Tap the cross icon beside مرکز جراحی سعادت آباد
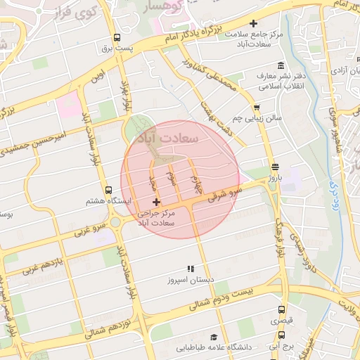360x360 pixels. coord(155,202)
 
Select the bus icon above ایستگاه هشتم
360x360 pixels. coord(108,190)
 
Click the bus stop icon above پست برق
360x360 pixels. coord(116,38)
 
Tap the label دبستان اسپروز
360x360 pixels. coord(189,280)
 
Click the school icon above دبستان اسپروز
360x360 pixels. coord(189,269)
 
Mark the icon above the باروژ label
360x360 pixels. coord(274,167)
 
